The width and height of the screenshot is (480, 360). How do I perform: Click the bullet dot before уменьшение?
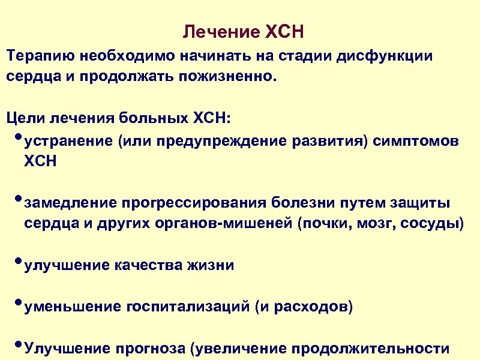tap(16, 303)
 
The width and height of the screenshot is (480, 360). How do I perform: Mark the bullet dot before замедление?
tap(16, 199)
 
